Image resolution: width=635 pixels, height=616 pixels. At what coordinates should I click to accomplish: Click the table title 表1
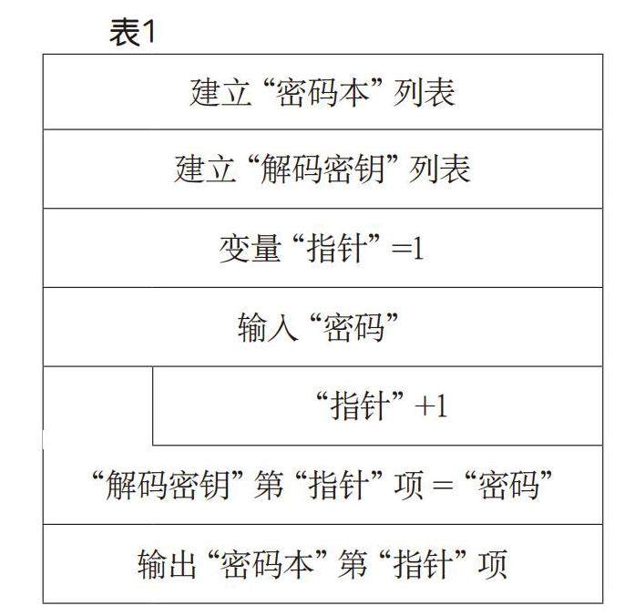pos(132,34)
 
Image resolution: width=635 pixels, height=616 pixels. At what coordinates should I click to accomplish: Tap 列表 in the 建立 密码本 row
pos(425,93)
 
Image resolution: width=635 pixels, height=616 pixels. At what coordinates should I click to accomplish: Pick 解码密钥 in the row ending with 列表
pos(323,170)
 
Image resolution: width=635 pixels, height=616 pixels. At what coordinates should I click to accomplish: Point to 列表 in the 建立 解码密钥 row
pos(441,170)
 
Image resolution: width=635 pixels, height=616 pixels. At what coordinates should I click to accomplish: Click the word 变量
pos(249,249)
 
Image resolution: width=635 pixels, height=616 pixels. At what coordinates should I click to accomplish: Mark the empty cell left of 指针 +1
pos(97,406)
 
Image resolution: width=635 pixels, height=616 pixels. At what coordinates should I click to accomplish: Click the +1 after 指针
pos(432,406)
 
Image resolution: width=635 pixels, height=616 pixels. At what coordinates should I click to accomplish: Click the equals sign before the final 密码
pos(442,485)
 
